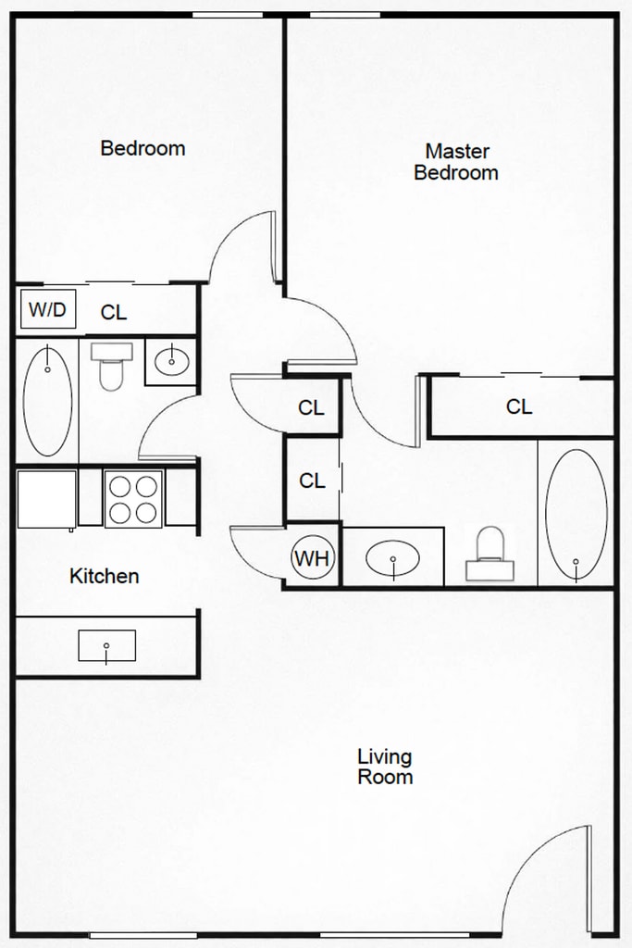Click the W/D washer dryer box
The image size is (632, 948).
(48, 309)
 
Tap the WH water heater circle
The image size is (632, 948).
(313, 558)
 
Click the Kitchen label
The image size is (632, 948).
(105, 576)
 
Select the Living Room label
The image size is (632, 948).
(385, 766)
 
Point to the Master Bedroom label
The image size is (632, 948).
(456, 161)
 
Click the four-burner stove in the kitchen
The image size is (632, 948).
(133, 499)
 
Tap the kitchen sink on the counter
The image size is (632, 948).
(107, 645)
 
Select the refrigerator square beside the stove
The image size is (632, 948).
(47, 499)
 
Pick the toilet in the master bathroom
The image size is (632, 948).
(490, 554)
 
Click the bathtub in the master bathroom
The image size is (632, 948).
(576, 514)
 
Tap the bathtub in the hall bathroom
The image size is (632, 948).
(48, 401)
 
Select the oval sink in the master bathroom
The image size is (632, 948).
(392, 558)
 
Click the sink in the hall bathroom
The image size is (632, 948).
(172, 361)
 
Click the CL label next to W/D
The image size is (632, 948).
(114, 313)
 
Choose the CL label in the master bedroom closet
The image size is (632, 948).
(520, 407)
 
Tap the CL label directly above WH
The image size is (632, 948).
(313, 480)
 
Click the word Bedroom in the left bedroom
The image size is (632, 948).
(143, 148)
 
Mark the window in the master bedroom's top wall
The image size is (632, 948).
(345, 15)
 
